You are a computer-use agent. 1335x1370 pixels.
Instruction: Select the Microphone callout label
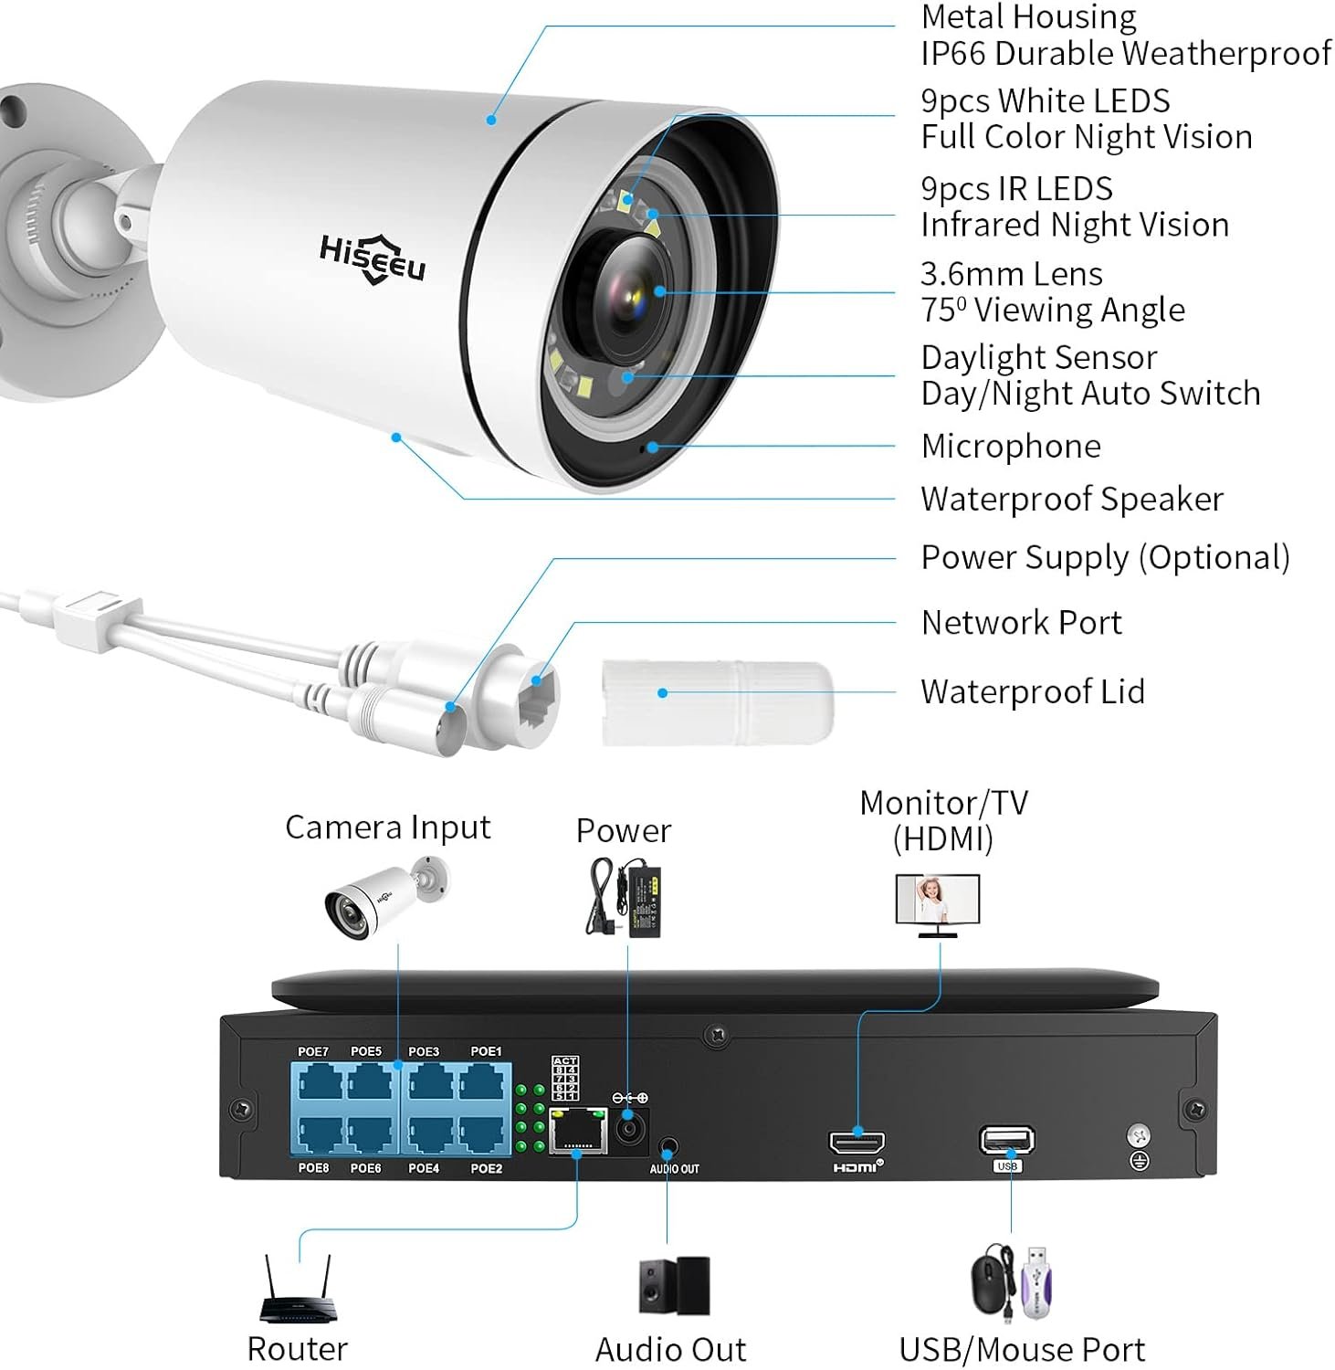click(1011, 447)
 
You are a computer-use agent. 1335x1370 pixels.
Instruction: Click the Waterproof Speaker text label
click(1072, 500)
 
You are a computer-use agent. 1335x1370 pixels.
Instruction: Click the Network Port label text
click(1021, 623)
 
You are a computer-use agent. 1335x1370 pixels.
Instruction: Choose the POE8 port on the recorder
click(316, 1135)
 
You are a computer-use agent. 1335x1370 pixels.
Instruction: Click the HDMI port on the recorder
click(857, 1143)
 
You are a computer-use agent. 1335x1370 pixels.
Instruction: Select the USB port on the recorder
click(1006, 1141)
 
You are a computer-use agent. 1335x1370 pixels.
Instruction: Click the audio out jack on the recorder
click(670, 1147)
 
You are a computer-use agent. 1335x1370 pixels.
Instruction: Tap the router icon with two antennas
click(296, 1292)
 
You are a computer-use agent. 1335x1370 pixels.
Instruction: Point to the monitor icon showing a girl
click(938, 901)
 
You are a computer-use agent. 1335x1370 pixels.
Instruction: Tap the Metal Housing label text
click(1028, 17)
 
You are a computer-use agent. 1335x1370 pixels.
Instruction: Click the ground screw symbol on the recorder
click(1139, 1148)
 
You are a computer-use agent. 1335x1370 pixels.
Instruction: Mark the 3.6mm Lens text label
click(1011, 274)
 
